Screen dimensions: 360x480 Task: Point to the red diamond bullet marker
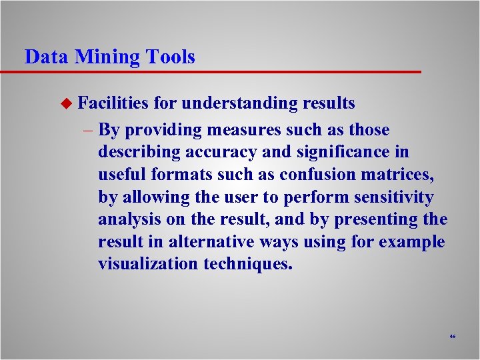65,104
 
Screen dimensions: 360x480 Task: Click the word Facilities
113,103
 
